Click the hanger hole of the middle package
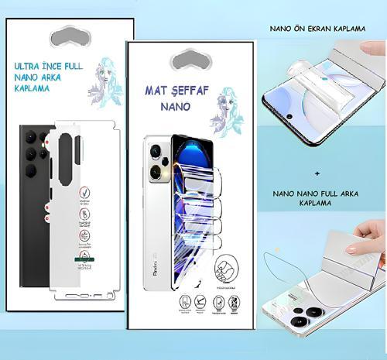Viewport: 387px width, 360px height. click(191, 59)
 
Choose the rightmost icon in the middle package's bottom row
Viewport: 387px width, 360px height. click(233, 302)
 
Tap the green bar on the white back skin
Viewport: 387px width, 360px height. click(81, 258)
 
